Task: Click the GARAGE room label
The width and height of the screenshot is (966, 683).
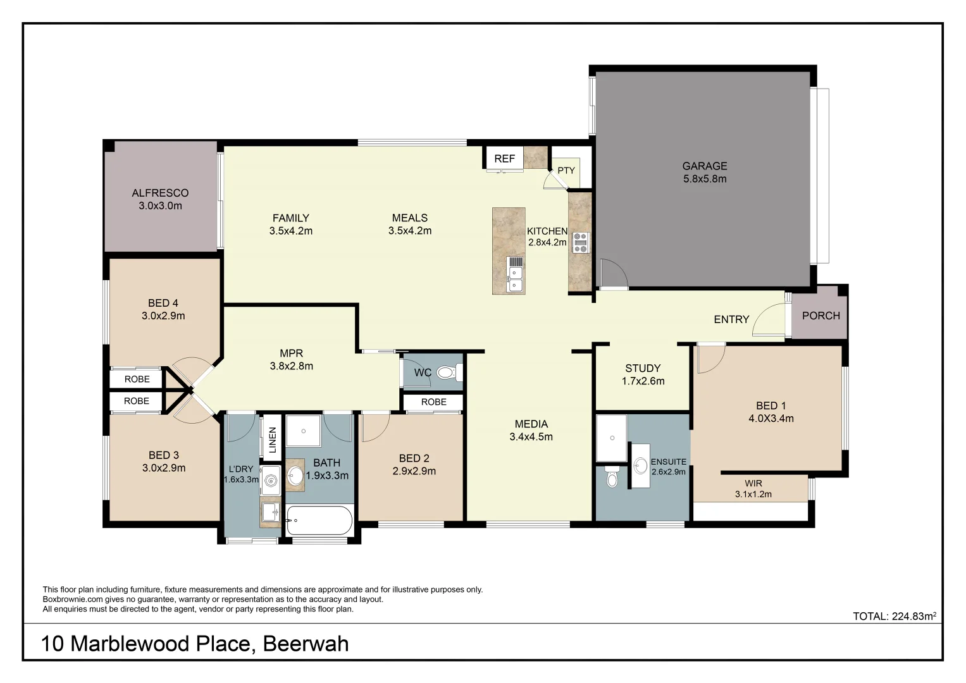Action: (704, 166)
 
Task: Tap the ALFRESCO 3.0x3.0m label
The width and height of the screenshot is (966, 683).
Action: (160, 199)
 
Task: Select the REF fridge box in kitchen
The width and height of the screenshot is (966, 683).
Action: (504, 159)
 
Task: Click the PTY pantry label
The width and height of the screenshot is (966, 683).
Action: (566, 170)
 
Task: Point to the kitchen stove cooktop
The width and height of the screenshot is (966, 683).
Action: (580, 243)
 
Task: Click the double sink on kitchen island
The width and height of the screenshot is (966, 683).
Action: (516, 278)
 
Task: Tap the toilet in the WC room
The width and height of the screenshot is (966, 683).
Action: (447, 372)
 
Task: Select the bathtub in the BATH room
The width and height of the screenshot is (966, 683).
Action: (319, 521)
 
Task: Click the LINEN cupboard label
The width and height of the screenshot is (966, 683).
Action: (273, 440)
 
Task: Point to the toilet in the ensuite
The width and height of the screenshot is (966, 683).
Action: (611, 477)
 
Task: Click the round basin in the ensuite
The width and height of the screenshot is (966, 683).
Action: (641, 466)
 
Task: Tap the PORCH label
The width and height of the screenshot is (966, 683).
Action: (820, 316)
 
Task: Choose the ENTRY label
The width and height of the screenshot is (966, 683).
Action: (731, 319)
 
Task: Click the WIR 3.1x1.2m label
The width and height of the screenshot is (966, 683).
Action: (753, 489)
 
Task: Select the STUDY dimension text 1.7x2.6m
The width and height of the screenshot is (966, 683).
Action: (643, 381)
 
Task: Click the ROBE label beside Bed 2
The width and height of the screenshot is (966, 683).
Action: (433, 402)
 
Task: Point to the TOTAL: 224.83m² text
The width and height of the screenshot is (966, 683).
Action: (894, 616)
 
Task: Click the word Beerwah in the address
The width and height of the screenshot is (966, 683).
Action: (305, 644)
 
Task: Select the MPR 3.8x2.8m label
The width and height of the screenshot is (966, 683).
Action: (291, 359)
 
